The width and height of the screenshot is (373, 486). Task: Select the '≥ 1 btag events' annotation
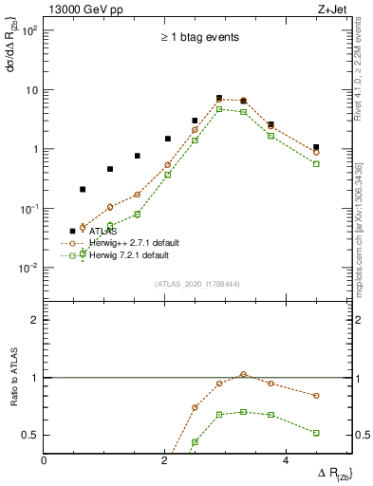198,38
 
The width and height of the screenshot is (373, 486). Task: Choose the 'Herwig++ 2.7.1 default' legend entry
134,243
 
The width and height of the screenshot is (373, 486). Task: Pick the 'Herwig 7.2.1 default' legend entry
130,255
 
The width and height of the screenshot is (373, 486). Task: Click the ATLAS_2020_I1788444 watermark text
197,283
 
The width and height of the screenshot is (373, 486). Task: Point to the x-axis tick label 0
44,459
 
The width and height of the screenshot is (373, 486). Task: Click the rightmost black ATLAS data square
316,147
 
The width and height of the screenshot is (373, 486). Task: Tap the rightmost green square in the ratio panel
316,433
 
